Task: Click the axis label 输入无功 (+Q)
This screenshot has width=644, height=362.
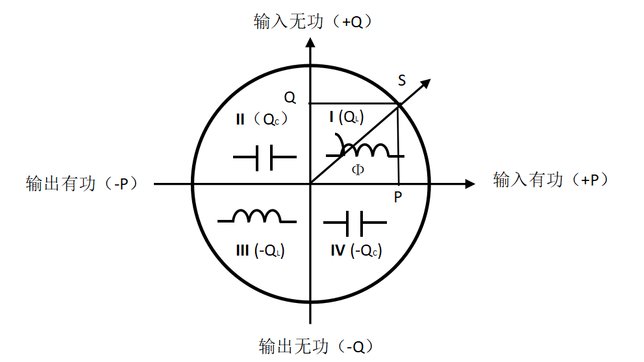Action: (316, 21)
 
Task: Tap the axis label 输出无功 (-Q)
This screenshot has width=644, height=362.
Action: (316, 344)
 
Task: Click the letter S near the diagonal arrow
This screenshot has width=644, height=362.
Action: (402, 80)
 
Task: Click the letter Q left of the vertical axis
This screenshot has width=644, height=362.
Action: (290, 98)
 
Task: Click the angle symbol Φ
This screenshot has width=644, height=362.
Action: (358, 170)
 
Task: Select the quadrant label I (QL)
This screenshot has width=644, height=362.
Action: (346, 117)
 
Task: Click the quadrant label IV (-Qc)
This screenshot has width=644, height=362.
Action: (355, 250)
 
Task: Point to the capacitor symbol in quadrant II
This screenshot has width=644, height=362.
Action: (264, 158)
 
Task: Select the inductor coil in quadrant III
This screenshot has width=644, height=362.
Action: (256, 216)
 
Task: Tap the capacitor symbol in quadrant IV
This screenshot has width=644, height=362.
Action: (355, 223)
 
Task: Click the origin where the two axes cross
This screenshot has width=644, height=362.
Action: (311, 184)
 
